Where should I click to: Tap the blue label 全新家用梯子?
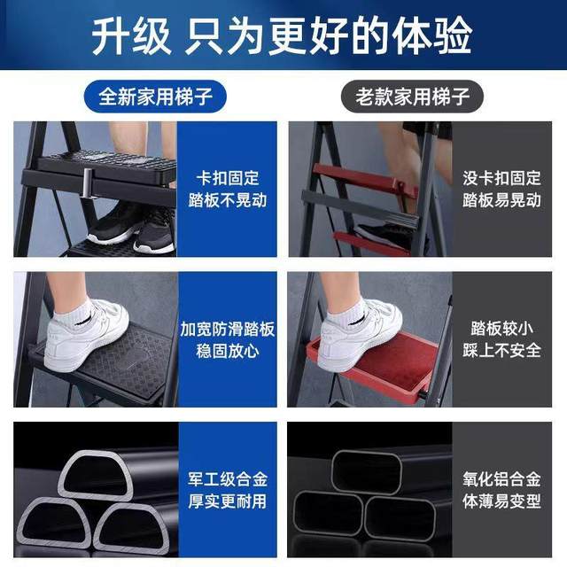click(150, 96)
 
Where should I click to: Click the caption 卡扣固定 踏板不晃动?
click(227, 189)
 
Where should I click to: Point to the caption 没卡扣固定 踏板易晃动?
click(501, 189)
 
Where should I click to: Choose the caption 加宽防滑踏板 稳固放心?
click(227, 339)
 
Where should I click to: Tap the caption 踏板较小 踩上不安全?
click(501, 339)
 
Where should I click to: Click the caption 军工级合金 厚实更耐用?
click(227, 491)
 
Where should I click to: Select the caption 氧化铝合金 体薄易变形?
click(501, 491)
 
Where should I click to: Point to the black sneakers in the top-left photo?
click(133, 229)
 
